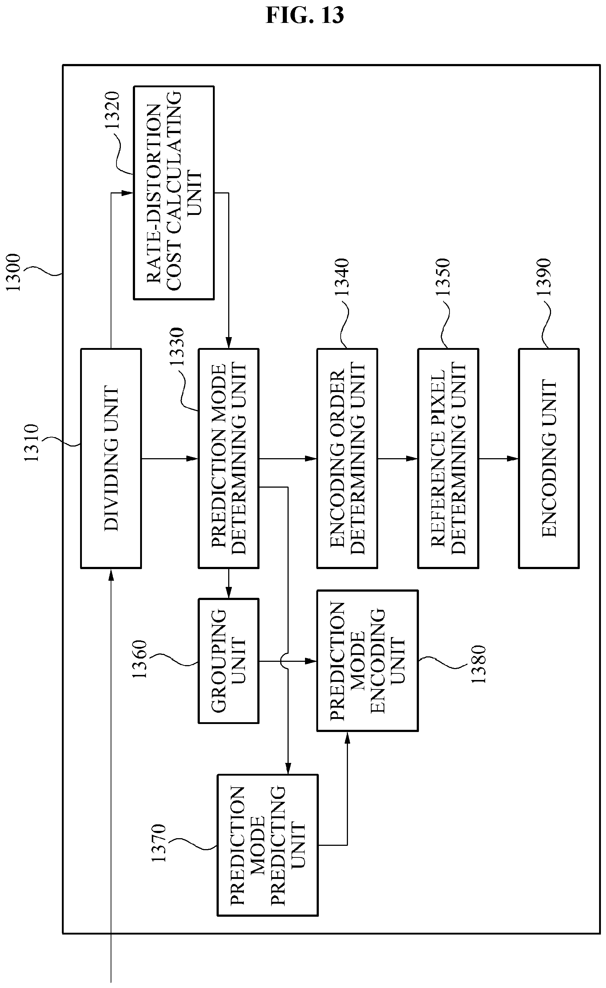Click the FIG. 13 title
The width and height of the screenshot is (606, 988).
click(x=305, y=15)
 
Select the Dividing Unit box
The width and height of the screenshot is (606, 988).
click(x=111, y=458)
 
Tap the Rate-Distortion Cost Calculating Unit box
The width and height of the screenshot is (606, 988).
click(x=174, y=193)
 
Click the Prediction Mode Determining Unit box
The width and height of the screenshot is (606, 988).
click(x=228, y=458)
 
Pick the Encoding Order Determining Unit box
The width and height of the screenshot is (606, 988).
click(x=347, y=458)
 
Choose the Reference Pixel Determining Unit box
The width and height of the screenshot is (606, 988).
click(x=448, y=458)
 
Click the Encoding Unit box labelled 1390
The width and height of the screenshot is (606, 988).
click(x=549, y=458)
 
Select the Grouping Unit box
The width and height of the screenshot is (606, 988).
click(x=228, y=661)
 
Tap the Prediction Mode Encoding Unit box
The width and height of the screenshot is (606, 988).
click(x=368, y=661)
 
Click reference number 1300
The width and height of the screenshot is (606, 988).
click(x=13, y=273)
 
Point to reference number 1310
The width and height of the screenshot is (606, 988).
click(x=32, y=443)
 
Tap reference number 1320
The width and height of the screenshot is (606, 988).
click(x=112, y=110)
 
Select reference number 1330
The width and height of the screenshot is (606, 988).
click(x=176, y=347)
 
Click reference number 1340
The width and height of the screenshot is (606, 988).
click(x=342, y=277)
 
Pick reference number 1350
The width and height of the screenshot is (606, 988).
click(x=443, y=277)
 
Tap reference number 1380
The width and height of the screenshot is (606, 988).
click(x=478, y=664)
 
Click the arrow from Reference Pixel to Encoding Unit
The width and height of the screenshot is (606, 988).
click(x=498, y=458)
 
